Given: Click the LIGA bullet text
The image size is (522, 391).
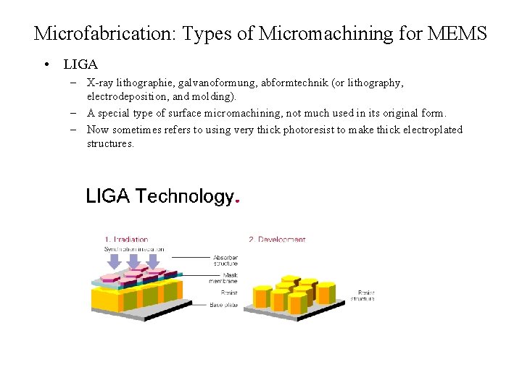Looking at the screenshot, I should point(80,65).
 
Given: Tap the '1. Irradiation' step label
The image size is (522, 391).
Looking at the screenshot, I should point(126,240).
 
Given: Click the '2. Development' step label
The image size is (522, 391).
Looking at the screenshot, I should point(277,240).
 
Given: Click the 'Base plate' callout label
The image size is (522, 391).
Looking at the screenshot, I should point(223,304).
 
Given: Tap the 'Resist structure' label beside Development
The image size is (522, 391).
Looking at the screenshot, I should point(362,295).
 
